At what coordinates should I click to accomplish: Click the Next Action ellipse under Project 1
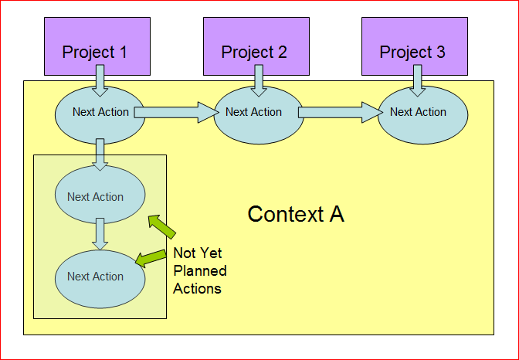point(100,113)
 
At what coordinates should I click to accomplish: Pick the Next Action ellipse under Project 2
point(255,113)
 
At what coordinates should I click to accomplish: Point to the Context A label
point(296,214)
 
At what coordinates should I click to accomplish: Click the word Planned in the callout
point(199,270)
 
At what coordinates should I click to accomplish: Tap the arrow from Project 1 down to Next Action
point(100,78)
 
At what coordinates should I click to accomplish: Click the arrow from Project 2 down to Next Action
point(259,78)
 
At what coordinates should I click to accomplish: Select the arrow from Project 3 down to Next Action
point(417,78)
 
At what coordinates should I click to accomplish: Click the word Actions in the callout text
point(197,288)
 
